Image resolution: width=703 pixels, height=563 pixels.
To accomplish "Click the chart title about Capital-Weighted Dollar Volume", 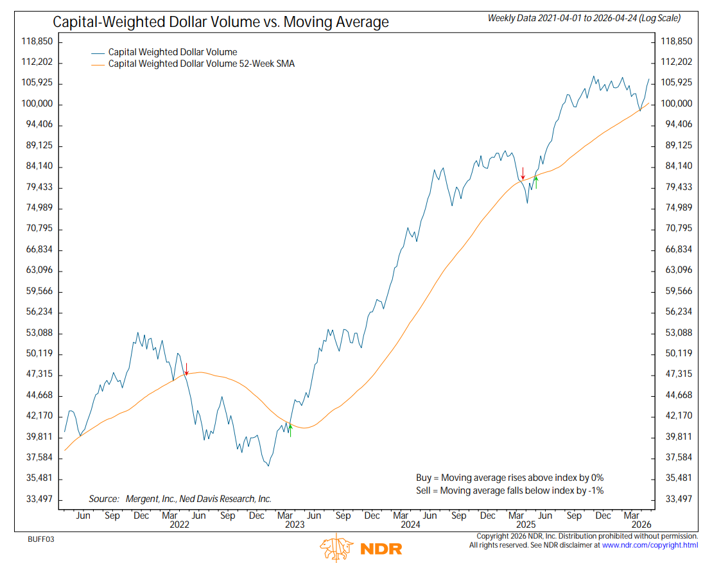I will tap(221, 22).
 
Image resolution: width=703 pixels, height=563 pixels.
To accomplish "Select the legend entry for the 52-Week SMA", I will tap(201, 64).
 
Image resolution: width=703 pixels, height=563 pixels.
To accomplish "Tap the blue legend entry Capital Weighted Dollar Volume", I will tap(173, 51).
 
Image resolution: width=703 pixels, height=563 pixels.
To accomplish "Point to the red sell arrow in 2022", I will tap(186, 368).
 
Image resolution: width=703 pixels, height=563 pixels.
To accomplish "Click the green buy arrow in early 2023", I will tap(290, 429).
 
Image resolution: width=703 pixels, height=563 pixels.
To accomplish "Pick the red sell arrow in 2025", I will tap(523, 173).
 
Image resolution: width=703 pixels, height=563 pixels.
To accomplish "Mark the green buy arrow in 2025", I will tap(535, 182).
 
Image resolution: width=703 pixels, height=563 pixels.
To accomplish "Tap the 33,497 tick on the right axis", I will tap(676, 499).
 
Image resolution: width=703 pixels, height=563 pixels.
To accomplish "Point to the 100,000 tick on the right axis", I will tap(676, 104).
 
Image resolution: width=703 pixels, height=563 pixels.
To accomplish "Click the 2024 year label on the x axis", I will tap(410, 524).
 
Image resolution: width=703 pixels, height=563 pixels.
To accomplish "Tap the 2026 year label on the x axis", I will tap(641, 524).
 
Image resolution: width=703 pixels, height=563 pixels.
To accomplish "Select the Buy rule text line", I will tap(510, 478).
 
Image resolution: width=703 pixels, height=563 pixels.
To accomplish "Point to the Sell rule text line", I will tap(510, 490).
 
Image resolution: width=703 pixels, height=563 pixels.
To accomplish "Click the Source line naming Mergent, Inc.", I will tap(180, 499).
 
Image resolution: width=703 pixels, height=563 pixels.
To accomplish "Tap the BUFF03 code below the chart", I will tap(41, 539).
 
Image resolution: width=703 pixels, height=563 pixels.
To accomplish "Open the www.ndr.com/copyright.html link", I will tap(650, 545).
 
